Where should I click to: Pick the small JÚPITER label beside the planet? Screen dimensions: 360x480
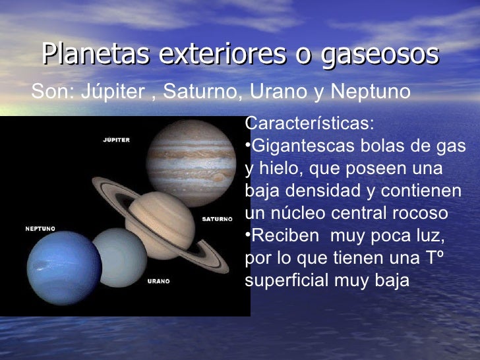coord(116,140)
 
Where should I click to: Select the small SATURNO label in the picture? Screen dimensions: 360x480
coord(217,218)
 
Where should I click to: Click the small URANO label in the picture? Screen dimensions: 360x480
coord(158,281)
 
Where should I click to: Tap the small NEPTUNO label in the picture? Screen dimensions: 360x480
coord(40,229)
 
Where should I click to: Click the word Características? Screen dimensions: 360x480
coord(309,124)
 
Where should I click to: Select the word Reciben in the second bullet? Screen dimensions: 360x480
coord(284,236)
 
